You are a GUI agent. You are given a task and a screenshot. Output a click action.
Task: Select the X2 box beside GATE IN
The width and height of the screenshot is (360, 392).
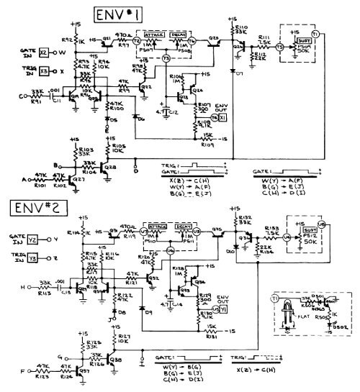point(43,53)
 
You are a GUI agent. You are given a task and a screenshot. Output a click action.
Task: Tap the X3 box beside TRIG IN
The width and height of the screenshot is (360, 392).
point(43,71)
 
